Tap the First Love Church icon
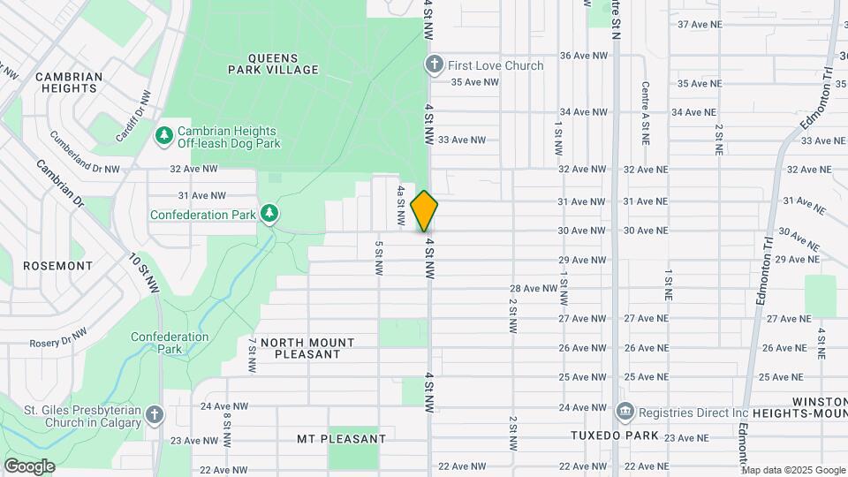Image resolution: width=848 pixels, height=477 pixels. coord(434,64)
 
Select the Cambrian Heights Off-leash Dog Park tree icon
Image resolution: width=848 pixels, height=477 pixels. coord(163,135)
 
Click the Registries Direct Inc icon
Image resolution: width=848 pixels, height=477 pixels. coord(625,412)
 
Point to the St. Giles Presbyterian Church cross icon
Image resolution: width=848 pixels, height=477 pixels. coord(155,415)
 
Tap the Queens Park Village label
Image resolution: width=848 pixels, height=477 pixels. coord(272,62)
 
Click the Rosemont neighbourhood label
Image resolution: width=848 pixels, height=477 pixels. coord(57,265)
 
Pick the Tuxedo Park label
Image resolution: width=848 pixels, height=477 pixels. coord(614,435)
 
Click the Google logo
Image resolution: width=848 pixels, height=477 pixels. coord(29,466)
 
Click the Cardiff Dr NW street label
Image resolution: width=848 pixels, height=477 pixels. coord(133,116)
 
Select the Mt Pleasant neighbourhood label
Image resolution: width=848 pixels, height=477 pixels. coord(341,439)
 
